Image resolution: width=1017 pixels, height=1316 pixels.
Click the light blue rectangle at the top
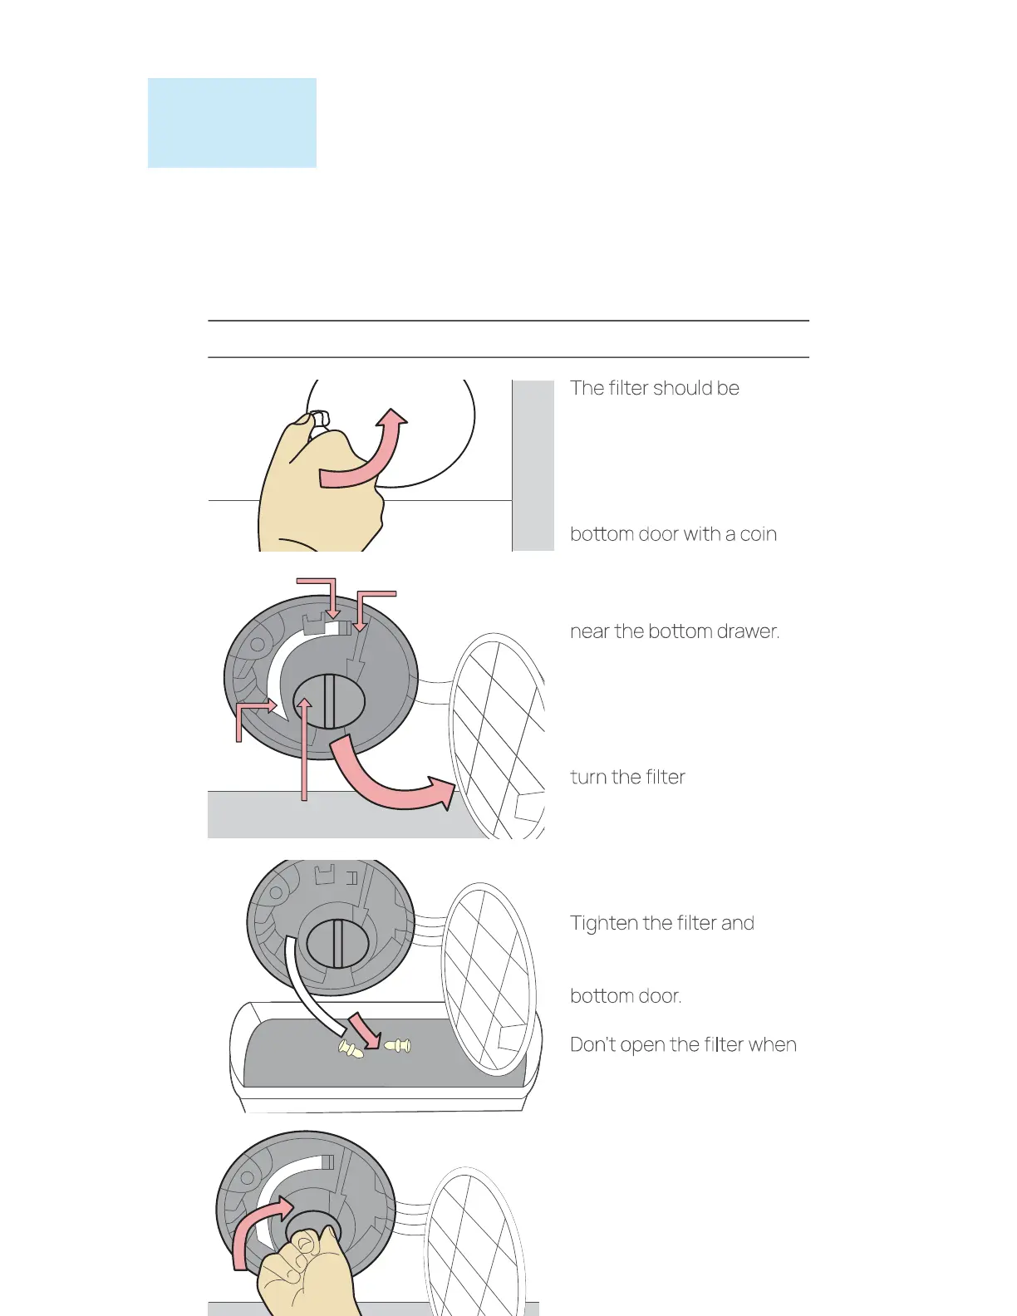click(232, 123)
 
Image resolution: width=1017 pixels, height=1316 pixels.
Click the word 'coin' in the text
click(758, 534)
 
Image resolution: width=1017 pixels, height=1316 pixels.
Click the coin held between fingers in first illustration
click(318, 420)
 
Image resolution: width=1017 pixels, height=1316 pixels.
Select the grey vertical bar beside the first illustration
click(533, 465)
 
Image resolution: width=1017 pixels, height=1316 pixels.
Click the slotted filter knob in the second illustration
click(329, 701)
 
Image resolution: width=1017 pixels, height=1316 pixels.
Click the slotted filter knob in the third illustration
click(337, 943)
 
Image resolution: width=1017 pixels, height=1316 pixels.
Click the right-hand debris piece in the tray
click(398, 1045)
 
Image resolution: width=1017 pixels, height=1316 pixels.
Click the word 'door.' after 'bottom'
click(661, 996)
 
